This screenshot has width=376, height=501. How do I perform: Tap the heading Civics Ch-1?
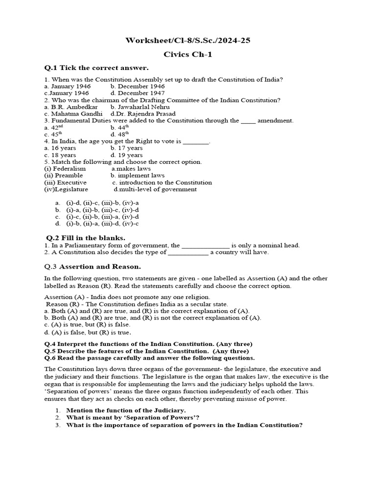[x=188, y=55]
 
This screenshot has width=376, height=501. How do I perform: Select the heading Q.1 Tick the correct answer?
[x=96, y=68]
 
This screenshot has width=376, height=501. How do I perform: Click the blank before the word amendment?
[x=248, y=121]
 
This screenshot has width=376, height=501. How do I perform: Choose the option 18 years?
[x=60, y=155]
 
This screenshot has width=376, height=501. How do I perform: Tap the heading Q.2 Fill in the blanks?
[x=85, y=238]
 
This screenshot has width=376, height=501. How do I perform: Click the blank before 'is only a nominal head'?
[x=206, y=246]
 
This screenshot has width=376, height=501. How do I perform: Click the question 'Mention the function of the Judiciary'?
[x=126, y=410]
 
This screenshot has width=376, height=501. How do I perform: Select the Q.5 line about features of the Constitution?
[x=146, y=351]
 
